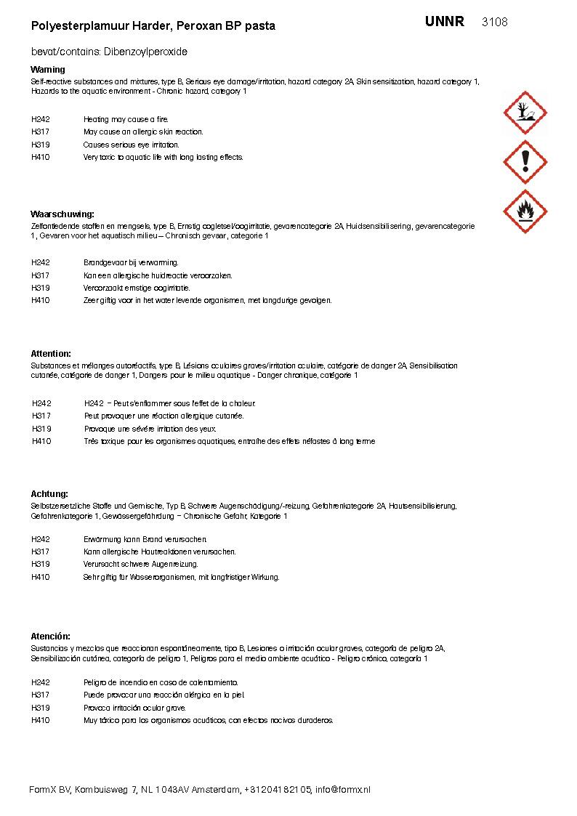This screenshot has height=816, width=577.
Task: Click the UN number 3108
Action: pyautogui.click(x=494, y=23)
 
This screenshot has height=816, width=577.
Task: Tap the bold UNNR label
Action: pyautogui.click(x=445, y=22)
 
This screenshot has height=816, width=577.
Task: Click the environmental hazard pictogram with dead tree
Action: pyautogui.click(x=525, y=113)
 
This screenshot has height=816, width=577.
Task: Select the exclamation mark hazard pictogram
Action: pyautogui.click(x=525, y=161)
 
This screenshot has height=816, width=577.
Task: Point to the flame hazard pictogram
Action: pyautogui.click(x=525, y=211)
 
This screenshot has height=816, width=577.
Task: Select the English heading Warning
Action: pyautogui.click(x=48, y=70)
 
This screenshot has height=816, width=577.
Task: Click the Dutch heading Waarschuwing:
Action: pyautogui.click(x=62, y=214)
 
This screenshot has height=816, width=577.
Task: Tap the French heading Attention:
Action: pyautogui.click(x=51, y=354)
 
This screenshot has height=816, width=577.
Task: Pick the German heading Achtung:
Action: pyautogui.click(x=49, y=494)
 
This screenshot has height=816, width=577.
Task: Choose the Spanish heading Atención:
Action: pyautogui.click(x=51, y=637)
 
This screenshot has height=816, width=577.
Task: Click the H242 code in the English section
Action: pyautogui.click(x=41, y=119)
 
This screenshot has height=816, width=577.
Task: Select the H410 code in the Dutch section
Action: pyautogui.click(x=41, y=300)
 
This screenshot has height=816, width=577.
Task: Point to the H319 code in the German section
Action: pyautogui.click(x=41, y=564)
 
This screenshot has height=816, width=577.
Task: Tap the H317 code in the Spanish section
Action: pyautogui.click(x=41, y=695)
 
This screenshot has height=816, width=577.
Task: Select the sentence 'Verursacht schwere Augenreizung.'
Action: pyautogui.click(x=141, y=564)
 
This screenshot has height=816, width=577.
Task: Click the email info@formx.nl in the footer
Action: pyautogui.click(x=342, y=790)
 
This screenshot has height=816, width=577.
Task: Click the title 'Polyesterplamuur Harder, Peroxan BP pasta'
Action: pyautogui.click(x=153, y=26)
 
